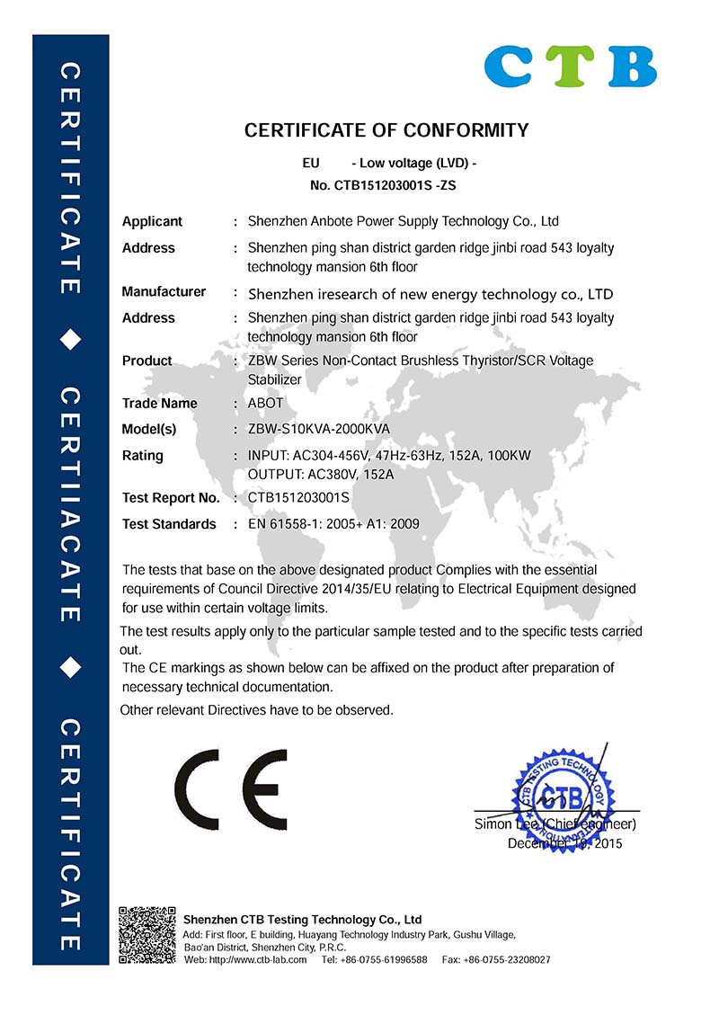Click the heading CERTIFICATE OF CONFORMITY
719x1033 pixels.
[x=386, y=130]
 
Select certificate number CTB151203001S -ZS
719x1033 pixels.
[x=388, y=187]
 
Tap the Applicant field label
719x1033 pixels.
[x=152, y=221]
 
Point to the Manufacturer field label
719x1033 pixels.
[x=164, y=291]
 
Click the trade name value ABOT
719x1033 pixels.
[x=265, y=403]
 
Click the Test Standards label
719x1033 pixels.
[x=169, y=524]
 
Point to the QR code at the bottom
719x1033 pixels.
[x=146, y=936]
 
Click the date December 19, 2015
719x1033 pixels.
[x=564, y=843]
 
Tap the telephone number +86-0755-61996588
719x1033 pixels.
[x=387, y=960]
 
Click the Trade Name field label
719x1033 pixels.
[x=159, y=403]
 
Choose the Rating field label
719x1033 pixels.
[x=143, y=456]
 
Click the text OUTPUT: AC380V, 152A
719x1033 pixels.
[x=320, y=473]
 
